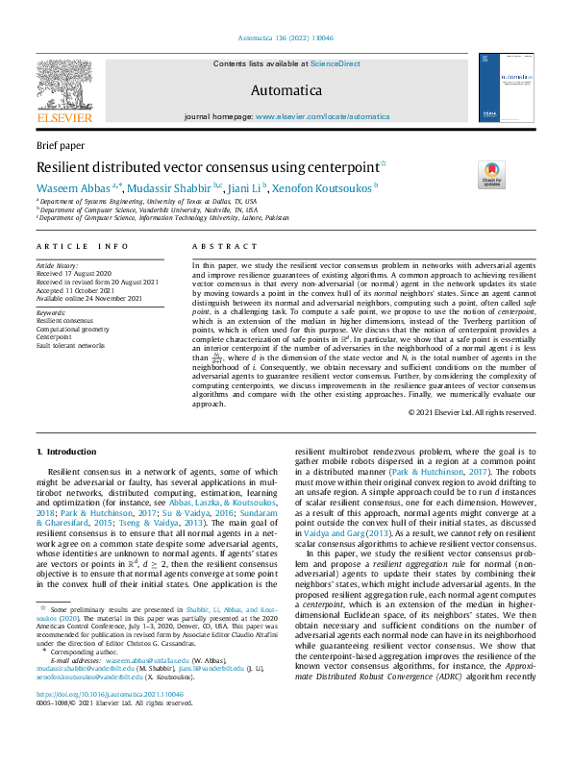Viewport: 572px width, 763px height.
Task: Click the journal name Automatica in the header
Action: coord(286,91)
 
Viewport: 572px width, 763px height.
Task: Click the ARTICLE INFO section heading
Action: coord(82,247)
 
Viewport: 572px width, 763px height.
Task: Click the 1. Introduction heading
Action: coord(65,451)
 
